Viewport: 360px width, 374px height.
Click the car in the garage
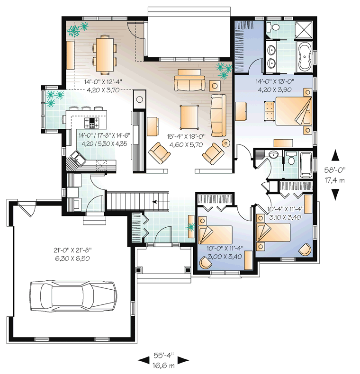tap(73, 295)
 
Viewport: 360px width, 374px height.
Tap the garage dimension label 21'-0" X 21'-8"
tap(72, 250)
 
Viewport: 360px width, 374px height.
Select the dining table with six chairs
tap(105, 54)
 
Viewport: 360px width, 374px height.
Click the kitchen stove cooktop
tap(91, 123)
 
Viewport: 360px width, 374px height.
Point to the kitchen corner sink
tap(78, 159)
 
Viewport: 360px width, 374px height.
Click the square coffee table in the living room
tap(189, 117)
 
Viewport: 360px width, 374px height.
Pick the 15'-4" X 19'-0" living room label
tap(186, 136)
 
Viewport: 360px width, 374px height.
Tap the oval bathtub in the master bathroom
tap(304, 57)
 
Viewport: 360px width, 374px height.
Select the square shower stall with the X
tap(304, 29)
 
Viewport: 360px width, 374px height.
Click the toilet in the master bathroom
tap(274, 27)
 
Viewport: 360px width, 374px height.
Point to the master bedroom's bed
tap(294, 111)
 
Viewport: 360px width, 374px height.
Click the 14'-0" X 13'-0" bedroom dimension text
tap(275, 81)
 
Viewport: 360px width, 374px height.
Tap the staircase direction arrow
tap(155, 202)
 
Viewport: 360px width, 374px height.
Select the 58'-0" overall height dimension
tap(335, 170)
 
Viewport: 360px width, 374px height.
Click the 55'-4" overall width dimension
tap(163, 356)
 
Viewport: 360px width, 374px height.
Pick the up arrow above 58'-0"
tap(336, 155)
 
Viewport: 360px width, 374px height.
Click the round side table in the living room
tap(226, 143)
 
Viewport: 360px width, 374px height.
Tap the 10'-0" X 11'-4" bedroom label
tap(225, 248)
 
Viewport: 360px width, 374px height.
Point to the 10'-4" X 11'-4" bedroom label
tap(285, 209)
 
